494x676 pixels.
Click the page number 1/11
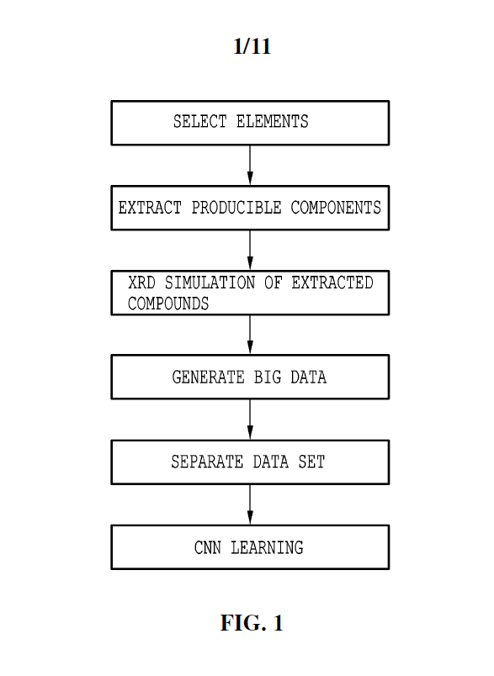point(252,46)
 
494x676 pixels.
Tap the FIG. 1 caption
point(252,622)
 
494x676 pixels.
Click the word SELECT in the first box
point(199,122)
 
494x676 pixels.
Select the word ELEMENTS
point(272,122)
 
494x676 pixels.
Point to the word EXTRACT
point(150,208)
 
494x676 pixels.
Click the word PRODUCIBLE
point(236,208)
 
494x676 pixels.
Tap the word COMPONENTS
point(336,208)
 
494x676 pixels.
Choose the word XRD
point(141,283)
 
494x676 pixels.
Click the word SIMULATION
point(210,283)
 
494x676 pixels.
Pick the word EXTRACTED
point(332,283)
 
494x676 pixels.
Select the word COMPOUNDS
point(168,304)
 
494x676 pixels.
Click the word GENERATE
point(209,378)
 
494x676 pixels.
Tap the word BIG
point(268,378)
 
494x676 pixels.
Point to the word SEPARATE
point(207,462)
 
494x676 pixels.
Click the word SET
point(311,462)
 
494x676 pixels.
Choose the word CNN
point(208,548)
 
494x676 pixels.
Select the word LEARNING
point(267,548)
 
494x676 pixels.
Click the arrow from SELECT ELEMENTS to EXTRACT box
point(250,165)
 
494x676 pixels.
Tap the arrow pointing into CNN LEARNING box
point(250,504)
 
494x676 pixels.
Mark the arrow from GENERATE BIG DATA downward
point(250,420)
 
